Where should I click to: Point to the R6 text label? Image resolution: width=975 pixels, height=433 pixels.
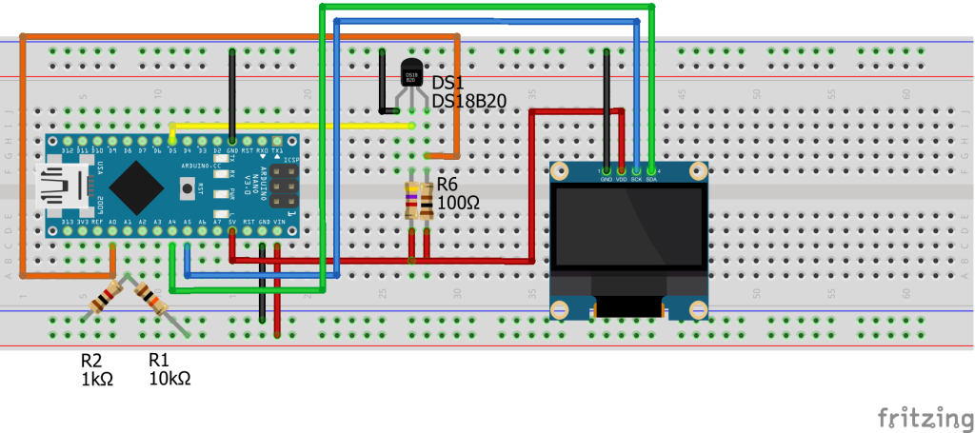point(448,185)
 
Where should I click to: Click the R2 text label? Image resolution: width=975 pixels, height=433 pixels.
point(91,361)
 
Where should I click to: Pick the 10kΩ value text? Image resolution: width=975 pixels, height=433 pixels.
point(170,378)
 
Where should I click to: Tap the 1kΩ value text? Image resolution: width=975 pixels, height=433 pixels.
point(97,378)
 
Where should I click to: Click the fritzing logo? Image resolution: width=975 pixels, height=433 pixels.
point(918,417)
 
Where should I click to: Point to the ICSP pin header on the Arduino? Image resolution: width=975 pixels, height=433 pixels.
point(281,187)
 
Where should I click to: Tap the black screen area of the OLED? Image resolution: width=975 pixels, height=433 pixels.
point(629,229)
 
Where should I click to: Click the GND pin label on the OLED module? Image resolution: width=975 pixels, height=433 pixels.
point(607,178)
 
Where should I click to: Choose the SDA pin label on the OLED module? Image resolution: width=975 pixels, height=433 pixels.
point(651,178)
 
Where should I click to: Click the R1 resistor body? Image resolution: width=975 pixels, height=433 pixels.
point(153,298)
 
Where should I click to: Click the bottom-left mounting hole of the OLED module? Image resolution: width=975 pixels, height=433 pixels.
point(559,309)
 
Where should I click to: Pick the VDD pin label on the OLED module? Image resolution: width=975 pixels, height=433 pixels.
point(622,178)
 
